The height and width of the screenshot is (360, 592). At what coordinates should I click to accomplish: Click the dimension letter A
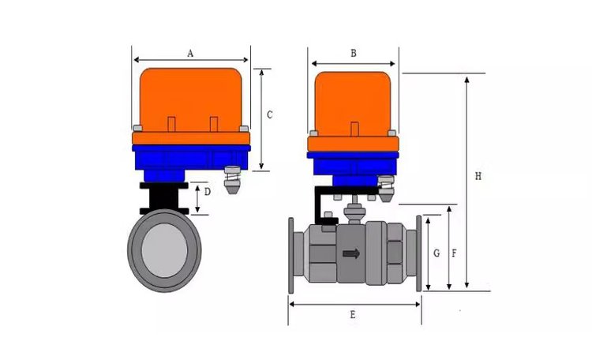(x=190, y=53)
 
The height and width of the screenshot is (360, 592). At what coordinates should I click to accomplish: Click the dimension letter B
(x=354, y=53)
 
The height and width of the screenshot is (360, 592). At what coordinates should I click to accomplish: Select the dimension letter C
(x=270, y=114)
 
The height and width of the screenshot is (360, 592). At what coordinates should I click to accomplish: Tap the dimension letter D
(x=208, y=192)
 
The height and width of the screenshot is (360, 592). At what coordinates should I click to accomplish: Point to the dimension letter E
(x=353, y=315)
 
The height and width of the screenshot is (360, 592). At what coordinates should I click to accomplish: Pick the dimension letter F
(x=454, y=253)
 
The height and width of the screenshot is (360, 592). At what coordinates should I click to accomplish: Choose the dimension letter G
(x=437, y=253)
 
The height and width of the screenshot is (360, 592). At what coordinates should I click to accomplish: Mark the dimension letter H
(x=478, y=176)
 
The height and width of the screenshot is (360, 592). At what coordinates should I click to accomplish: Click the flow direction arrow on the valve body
(x=351, y=253)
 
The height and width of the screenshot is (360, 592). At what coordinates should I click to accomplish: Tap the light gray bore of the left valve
(x=164, y=250)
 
